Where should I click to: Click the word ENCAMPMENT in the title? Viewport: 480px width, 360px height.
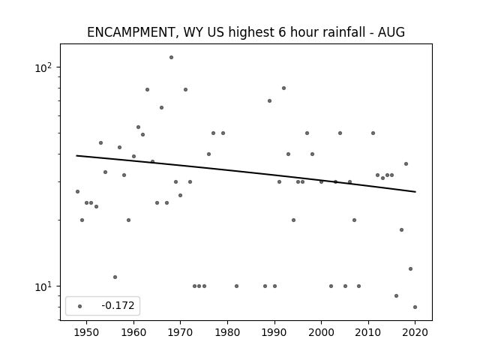(x=130, y=32)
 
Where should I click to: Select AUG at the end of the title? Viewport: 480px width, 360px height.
(x=391, y=32)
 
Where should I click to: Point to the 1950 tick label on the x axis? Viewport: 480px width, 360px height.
(x=87, y=332)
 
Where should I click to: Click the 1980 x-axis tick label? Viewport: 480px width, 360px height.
(x=227, y=332)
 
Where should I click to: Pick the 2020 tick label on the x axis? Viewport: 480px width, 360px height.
(x=415, y=332)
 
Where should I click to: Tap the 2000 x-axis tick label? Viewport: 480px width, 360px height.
(x=321, y=332)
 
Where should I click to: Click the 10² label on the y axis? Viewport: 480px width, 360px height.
(x=43, y=67)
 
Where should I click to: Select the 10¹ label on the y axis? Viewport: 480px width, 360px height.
(x=43, y=286)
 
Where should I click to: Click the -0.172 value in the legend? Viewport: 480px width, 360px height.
(x=118, y=305)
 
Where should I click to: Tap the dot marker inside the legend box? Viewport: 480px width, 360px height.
(x=80, y=306)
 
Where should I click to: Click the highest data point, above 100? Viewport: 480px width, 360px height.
(x=172, y=57)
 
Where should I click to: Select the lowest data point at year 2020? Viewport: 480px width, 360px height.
(x=415, y=307)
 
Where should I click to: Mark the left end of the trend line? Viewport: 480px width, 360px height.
(x=76, y=155)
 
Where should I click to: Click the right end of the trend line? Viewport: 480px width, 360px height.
(x=415, y=192)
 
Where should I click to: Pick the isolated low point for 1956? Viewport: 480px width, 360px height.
(x=115, y=277)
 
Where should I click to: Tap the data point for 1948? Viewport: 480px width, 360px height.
(x=77, y=192)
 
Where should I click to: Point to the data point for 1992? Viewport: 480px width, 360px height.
(x=283, y=88)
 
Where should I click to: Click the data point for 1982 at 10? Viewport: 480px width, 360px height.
(x=237, y=286)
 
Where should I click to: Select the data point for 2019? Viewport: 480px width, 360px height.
(x=410, y=268)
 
